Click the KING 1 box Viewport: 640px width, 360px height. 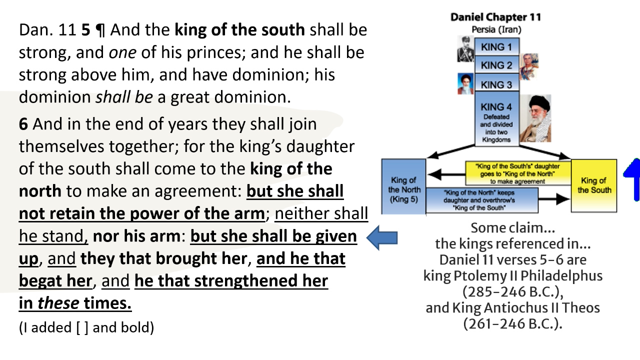tap(496, 47)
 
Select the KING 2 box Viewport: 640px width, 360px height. tap(496, 65)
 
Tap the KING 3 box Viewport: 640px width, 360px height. tap(496, 84)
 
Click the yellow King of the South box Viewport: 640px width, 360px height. tap(594, 185)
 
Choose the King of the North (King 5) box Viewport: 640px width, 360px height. tap(404, 186)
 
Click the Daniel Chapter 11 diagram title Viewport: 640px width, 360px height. tap(495, 17)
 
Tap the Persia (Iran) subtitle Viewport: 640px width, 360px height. tap(496, 29)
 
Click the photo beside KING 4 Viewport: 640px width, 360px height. tap(535, 119)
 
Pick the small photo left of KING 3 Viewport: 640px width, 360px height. tap(465, 83)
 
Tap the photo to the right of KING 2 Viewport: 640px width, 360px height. tap(529, 66)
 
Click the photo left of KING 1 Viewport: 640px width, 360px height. tap(465, 48)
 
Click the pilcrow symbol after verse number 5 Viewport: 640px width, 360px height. tap(100, 30)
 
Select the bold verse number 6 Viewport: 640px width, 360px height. tap(23, 123)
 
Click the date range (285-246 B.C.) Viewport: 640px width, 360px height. tap(512, 291)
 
